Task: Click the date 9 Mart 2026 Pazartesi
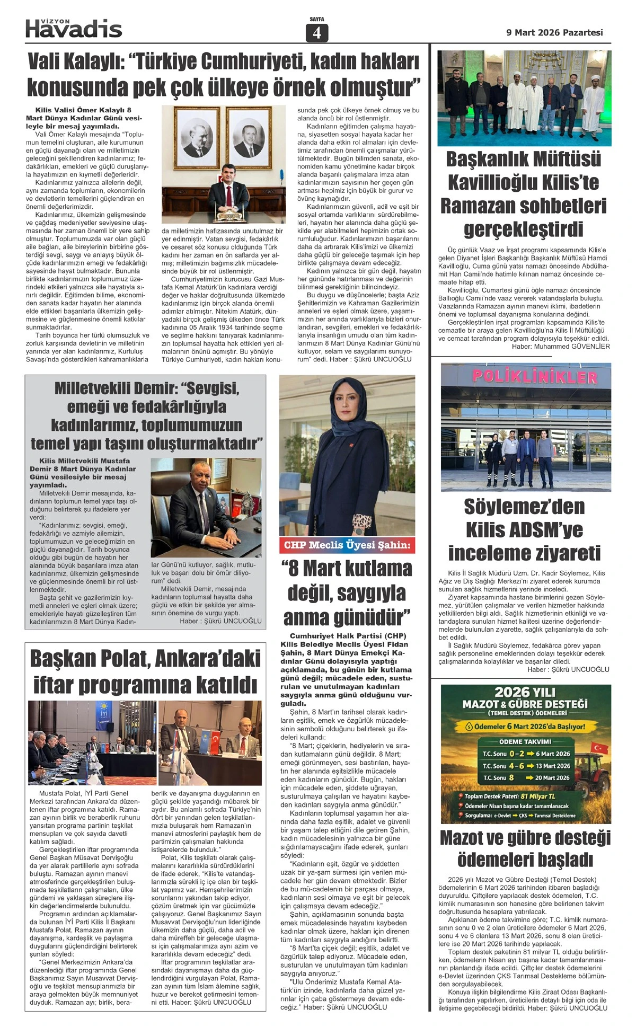click(554, 32)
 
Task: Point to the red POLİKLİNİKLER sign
click(534, 377)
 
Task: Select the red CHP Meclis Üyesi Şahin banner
click(347, 545)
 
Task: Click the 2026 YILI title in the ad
click(525, 692)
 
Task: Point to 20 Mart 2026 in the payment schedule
click(552, 777)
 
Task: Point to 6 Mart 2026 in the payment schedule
click(552, 754)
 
